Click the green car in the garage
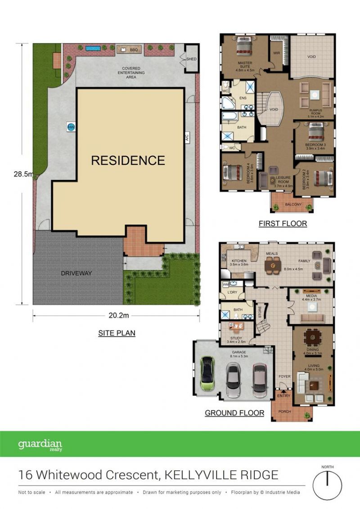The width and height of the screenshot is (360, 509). coord(207,373)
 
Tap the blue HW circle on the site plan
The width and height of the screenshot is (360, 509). coord(70,127)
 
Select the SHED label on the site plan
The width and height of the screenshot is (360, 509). coord(191,59)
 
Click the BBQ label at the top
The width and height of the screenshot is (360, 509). coord(134,50)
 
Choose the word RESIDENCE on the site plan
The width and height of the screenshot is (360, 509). coord(128,160)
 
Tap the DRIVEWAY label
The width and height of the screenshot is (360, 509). coord(76,273)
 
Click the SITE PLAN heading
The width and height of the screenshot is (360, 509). coord(117,333)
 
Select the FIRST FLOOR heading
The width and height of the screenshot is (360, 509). coord(283,223)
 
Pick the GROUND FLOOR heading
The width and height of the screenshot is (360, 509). coord(234,413)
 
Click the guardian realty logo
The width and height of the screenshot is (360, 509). coord(40,445)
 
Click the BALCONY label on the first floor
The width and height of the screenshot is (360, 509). coord(293,205)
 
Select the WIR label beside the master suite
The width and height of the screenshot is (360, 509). coord(277,53)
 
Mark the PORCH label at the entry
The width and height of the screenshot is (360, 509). coord(284,411)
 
